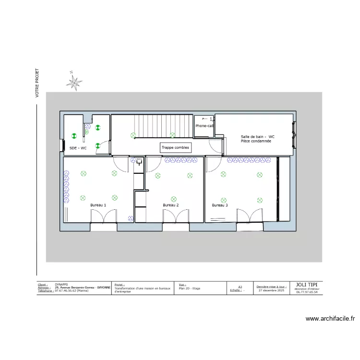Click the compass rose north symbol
tap(74, 83)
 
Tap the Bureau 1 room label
tap(98, 205)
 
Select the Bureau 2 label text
tap(170, 205)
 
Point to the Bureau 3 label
tap(220, 205)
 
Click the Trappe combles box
tap(175, 148)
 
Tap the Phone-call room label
tap(204, 126)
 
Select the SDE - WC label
tap(78, 148)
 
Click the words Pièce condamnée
tap(256, 141)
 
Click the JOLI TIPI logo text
tap(307, 284)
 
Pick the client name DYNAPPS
tap(61, 284)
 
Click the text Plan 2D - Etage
tap(189, 288)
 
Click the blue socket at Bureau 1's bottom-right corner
tap(130, 218)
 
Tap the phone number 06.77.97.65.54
tap(307, 292)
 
